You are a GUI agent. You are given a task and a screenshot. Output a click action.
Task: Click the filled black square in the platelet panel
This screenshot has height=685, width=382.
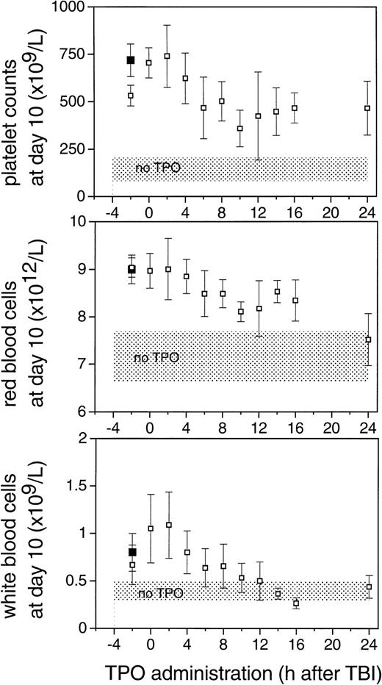[131, 60]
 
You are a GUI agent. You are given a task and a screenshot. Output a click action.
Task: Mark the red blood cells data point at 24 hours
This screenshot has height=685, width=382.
[368, 340]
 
